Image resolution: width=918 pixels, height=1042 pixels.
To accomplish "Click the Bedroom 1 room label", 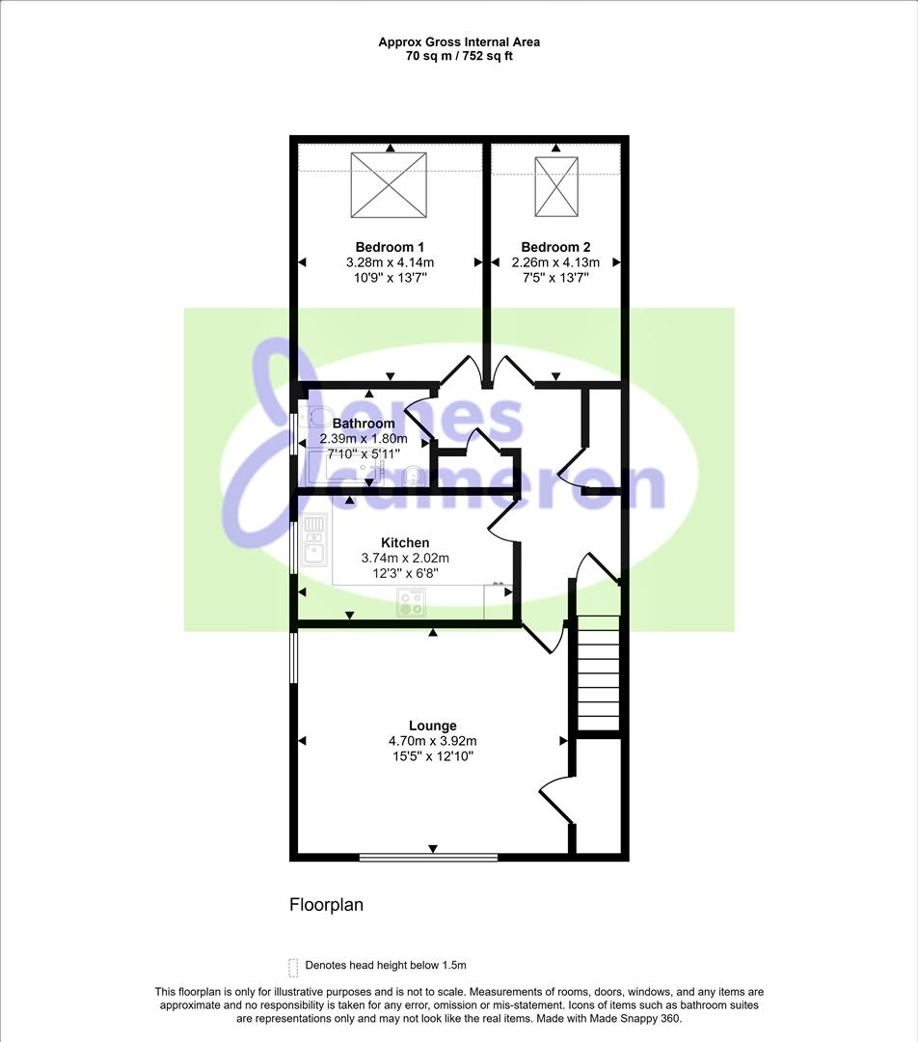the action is [x=390, y=247].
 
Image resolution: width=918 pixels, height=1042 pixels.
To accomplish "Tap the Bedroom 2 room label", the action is [x=555, y=247].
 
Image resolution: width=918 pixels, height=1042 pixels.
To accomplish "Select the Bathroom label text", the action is [x=364, y=424].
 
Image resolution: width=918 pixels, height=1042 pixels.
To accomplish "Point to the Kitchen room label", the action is [x=405, y=542].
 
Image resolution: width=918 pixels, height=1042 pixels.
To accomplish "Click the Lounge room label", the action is [x=432, y=726].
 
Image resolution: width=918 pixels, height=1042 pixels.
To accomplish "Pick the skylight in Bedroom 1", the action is [x=389, y=185].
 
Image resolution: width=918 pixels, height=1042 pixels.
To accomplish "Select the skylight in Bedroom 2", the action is [x=556, y=187].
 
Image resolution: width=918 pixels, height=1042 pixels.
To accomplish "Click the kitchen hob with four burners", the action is [x=411, y=602].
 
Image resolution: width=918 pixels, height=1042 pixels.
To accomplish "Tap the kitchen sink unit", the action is [x=314, y=540].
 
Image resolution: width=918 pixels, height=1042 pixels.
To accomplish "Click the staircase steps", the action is [x=599, y=672].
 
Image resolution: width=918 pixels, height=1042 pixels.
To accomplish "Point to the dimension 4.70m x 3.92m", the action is [x=432, y=741].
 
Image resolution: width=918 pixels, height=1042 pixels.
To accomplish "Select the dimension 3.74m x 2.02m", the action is [x=405, y=559].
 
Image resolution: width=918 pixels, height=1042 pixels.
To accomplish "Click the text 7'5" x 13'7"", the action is [x=555, y=278].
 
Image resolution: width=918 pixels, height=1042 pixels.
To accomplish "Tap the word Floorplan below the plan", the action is [x=326, y=905].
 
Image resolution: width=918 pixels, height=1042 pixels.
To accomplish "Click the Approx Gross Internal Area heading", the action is [x=459, y=41].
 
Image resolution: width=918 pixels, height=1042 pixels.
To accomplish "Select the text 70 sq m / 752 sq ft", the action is [x=459, y=56].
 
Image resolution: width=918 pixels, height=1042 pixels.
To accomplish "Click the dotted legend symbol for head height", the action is [x=293, y=966].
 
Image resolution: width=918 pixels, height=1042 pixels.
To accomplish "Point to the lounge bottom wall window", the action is [x=428, y=858].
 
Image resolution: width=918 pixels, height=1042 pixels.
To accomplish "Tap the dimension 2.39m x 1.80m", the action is [x=364, y=439].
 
